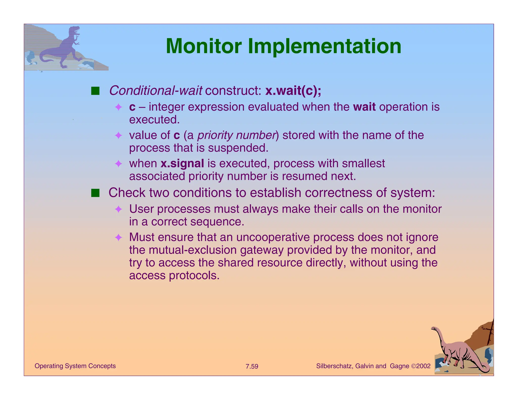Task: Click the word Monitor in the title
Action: point(204,46)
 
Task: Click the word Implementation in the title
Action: point(325,46)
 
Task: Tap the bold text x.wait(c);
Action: point(293,91)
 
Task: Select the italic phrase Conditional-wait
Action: point(155,91)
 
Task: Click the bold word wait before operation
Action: point(364,107)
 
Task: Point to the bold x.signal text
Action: point(182,163)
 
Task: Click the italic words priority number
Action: point(236,135)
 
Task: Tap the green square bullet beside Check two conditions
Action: point(95,193)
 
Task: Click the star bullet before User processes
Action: point(118,209)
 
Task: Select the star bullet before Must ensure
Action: point(118,237)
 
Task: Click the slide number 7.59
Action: point(252,366)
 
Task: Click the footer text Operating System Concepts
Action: point(75,366)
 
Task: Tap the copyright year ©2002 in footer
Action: point(421,366)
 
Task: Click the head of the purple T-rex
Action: point(75,31)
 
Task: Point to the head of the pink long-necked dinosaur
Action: point(434,329)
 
